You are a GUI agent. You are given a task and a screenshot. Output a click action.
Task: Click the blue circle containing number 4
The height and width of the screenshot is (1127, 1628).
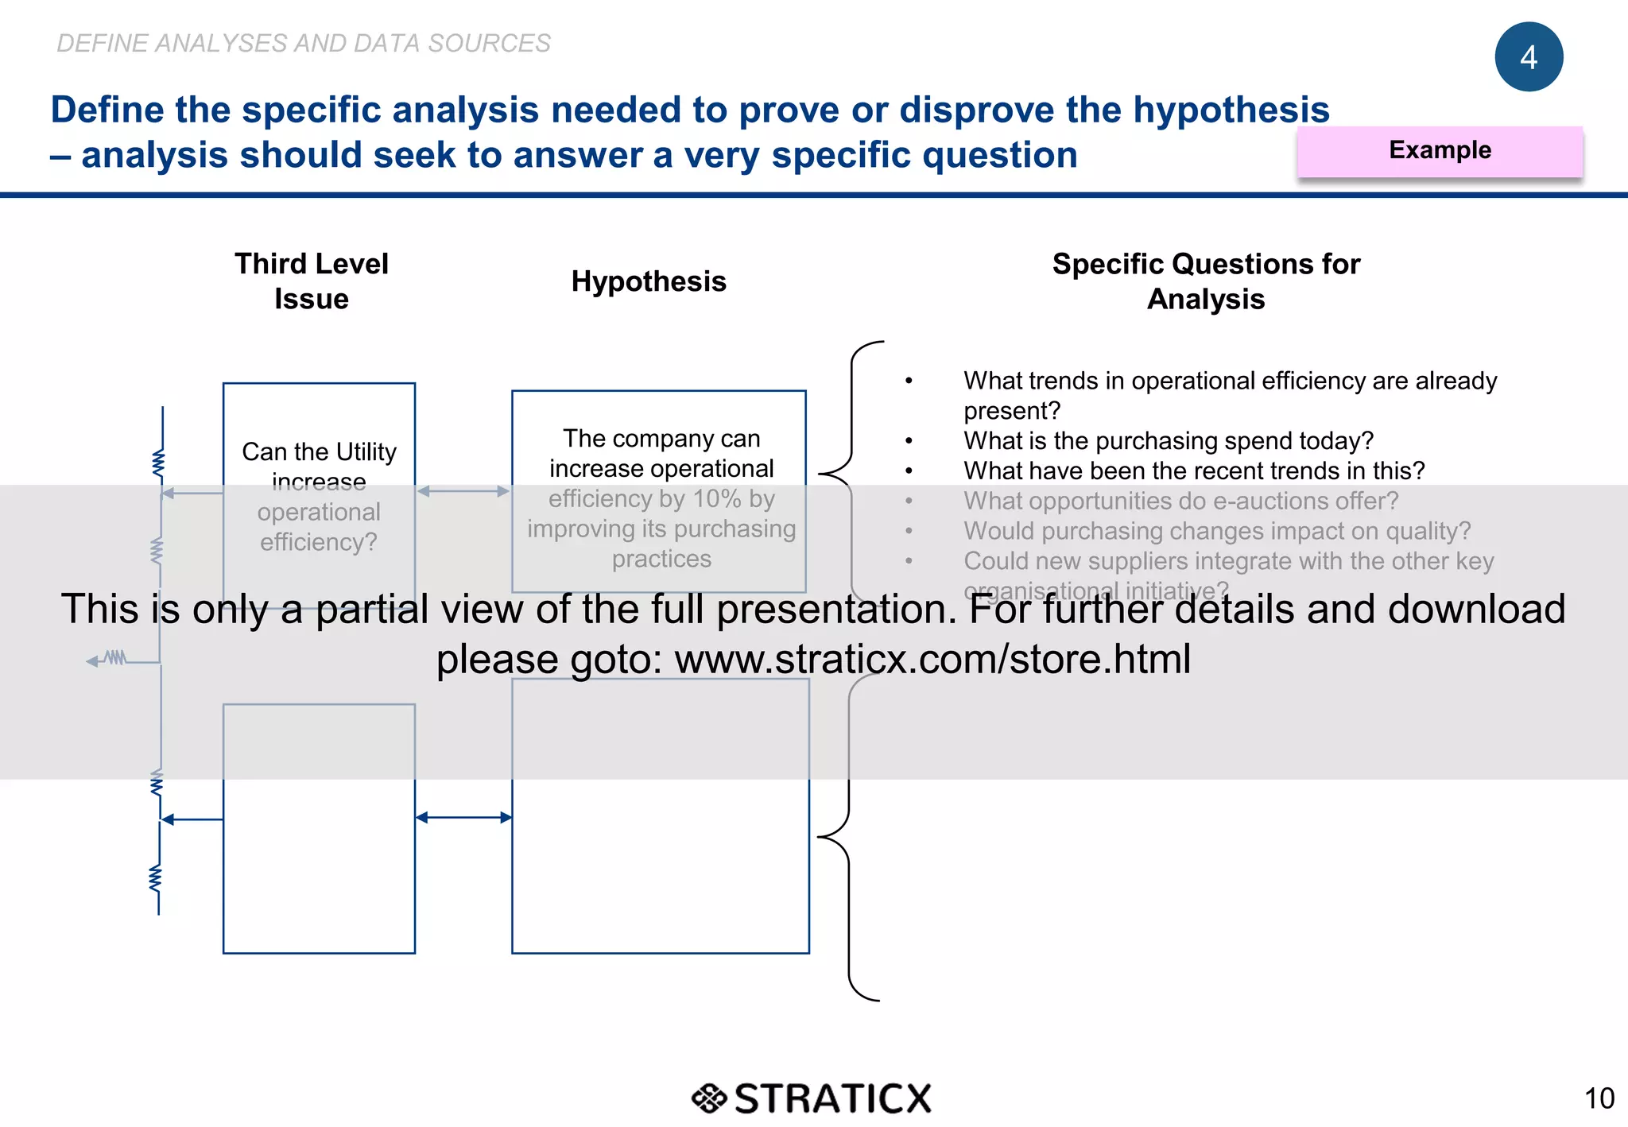point(1528,57)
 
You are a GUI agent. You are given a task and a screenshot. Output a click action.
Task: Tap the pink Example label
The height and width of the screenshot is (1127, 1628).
point(1439,150)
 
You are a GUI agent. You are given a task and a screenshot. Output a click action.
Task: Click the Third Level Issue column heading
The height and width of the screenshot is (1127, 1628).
point(311,281)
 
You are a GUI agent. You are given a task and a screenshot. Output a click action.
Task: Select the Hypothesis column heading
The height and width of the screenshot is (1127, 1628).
point(648,281)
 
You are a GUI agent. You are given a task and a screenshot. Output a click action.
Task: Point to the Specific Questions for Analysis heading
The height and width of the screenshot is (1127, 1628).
point(1205,281)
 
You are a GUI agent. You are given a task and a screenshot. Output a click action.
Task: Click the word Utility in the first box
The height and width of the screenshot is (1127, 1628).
point(366,451)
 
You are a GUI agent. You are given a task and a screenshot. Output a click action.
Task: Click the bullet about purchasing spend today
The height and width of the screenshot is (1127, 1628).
point(1168,441)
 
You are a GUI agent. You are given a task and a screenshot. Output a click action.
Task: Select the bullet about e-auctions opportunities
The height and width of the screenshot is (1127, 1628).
point(1180,502)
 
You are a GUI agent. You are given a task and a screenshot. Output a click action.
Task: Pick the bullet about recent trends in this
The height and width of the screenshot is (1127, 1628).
point(1193,471)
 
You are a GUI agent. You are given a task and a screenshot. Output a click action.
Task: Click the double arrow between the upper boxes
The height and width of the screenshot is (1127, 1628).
point(463,491)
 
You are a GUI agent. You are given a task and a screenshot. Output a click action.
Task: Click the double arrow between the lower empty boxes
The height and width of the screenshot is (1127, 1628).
point(463,817)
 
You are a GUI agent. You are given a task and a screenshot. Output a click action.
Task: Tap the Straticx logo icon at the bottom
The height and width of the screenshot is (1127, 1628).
point(708,1098)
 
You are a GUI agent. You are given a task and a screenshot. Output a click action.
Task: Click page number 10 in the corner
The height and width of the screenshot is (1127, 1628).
point(1599,1098)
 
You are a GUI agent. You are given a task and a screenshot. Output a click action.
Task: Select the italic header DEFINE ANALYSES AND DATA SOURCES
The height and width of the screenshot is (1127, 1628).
point(304,43)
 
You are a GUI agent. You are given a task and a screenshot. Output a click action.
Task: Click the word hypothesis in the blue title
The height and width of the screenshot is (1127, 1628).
point(1231,110)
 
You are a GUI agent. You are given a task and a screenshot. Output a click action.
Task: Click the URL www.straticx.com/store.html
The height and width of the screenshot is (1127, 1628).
point(932,659)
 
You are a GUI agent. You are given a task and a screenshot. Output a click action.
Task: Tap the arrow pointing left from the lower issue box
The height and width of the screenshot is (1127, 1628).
point(191,819)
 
